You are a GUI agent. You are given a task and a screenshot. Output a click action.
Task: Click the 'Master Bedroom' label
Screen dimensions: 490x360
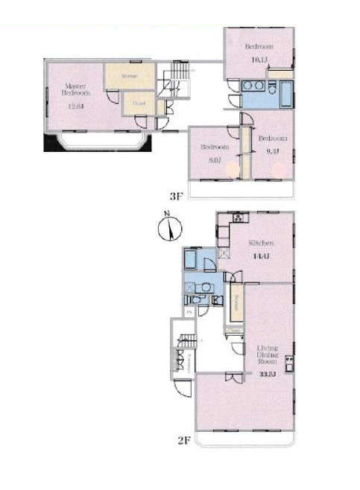click(x=75, y=89)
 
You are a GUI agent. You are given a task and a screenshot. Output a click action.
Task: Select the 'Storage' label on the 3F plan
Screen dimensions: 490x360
click(x=129, y=76)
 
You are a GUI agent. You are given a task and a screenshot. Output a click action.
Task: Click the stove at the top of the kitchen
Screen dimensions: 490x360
click(x=238, y=218)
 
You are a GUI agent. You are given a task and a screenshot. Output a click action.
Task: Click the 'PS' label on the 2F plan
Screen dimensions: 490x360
click(x=189, y=311)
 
